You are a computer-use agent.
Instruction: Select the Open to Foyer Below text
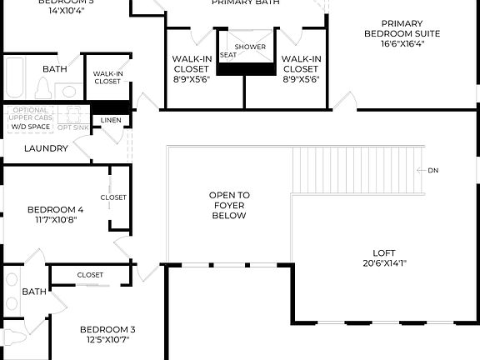(228, 205)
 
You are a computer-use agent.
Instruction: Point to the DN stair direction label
(432, 170)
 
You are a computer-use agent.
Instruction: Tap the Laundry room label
(46, 148)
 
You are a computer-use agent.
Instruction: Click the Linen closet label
(110, 121)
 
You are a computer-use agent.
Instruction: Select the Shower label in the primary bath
(250, 47)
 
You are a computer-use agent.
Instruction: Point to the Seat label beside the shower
(227, 55)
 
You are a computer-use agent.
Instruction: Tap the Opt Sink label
(73, 127)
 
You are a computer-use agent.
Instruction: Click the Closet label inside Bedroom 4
(113, 197)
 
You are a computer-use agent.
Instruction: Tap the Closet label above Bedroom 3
(90, 274)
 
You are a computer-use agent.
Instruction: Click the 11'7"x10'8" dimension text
(56, 221)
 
